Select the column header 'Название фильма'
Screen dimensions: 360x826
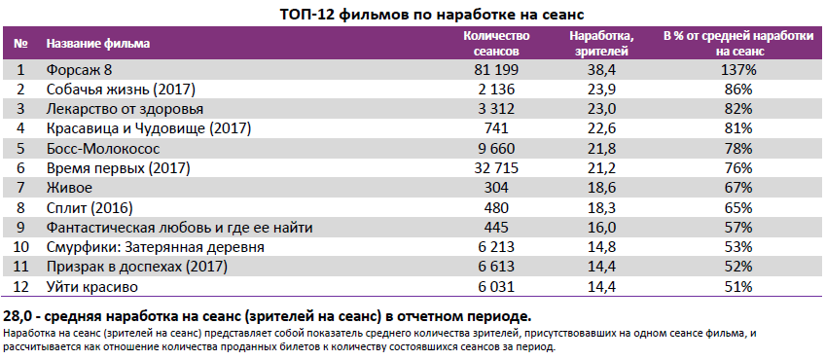point(98,44)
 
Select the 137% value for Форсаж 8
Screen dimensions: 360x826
point(738,70)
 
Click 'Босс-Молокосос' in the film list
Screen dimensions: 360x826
point(102,149)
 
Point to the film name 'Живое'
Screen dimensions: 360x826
point(68,188)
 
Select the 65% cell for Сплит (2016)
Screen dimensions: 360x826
point(738,208)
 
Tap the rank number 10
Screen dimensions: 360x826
point(21,248)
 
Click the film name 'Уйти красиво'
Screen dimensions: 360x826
point(93,287)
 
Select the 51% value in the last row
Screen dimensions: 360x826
point(738,287)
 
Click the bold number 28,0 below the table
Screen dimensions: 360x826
point(19,317)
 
